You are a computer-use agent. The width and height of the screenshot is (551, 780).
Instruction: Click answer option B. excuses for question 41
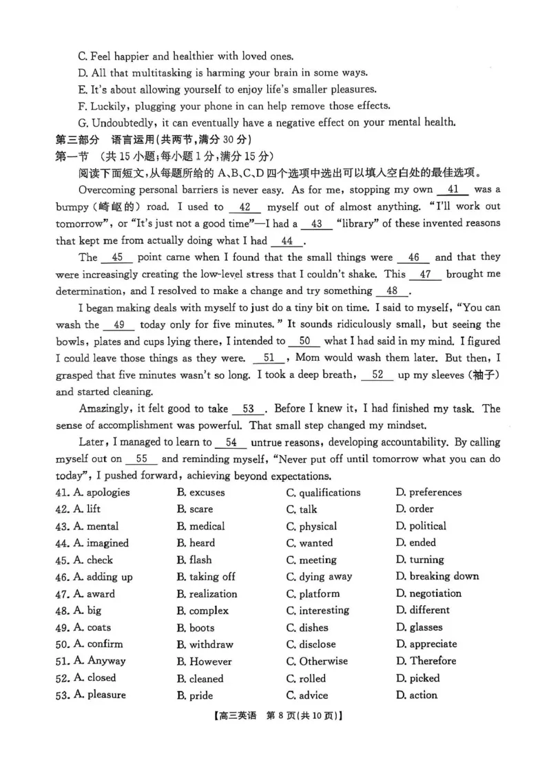(200, 492)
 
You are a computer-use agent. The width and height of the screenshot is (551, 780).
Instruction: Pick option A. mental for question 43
(96, 526)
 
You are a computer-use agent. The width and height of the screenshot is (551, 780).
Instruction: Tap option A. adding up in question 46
(103, 577)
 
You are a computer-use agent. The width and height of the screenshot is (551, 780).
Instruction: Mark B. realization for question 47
(207, 593)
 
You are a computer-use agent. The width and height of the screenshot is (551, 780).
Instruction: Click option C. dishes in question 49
(307, 627)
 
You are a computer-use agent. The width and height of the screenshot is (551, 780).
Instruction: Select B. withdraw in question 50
(205, 644)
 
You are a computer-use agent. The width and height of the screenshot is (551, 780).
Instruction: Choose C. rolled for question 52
(306, 678)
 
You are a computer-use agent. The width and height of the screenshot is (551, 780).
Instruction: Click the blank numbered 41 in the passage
(453, 190)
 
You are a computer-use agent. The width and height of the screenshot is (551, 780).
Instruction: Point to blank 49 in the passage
(119, 324)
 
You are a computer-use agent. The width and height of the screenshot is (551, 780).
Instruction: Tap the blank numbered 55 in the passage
(141, 459)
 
